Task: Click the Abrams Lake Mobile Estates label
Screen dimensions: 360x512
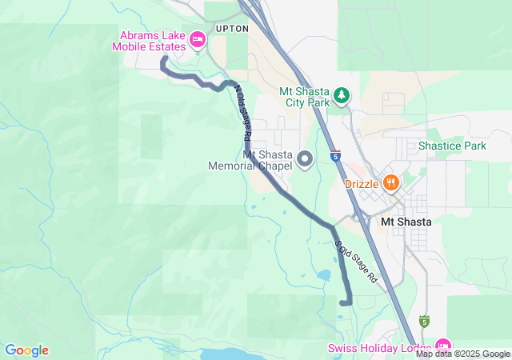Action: tap(152, 41)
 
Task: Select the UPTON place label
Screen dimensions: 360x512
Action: tap(232, 28)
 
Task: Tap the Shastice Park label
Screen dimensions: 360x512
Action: tap(452, 146)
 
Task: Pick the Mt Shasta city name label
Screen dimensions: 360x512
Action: tap(406, 222)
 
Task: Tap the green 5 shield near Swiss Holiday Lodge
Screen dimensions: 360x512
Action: tap(425, 322)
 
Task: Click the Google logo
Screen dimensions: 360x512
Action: tap(26, 350)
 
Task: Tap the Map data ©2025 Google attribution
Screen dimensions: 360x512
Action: tap(462, 354)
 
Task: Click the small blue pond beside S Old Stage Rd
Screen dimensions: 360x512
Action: tap(323, 275)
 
